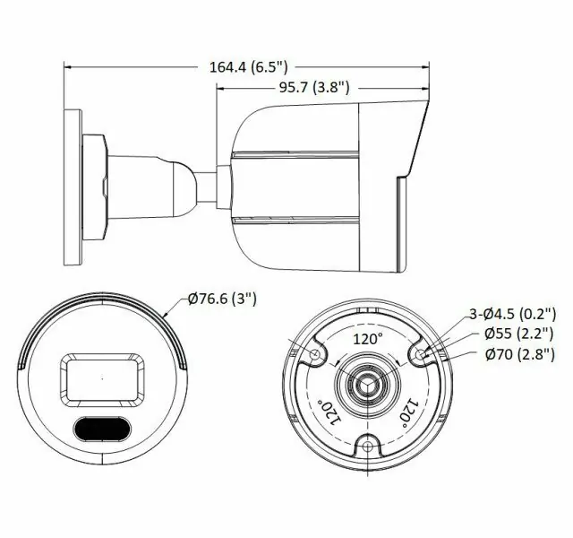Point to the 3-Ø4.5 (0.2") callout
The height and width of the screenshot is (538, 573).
[x=513, y=314]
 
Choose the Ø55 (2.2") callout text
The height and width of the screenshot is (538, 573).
[x=520, y=334]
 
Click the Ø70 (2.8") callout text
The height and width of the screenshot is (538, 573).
[x=520, y=354]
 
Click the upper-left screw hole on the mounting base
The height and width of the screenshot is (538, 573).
[x=314, y=356]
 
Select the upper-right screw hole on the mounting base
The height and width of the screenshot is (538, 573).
[x=420, y=356]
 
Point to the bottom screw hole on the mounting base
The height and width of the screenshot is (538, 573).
[x=367, y=447]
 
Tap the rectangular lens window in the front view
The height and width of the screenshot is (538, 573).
[x=101, y=377]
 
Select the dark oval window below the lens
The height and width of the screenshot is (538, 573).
[x=101, y=430]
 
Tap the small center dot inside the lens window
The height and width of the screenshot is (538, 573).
[x=101, y=377]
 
